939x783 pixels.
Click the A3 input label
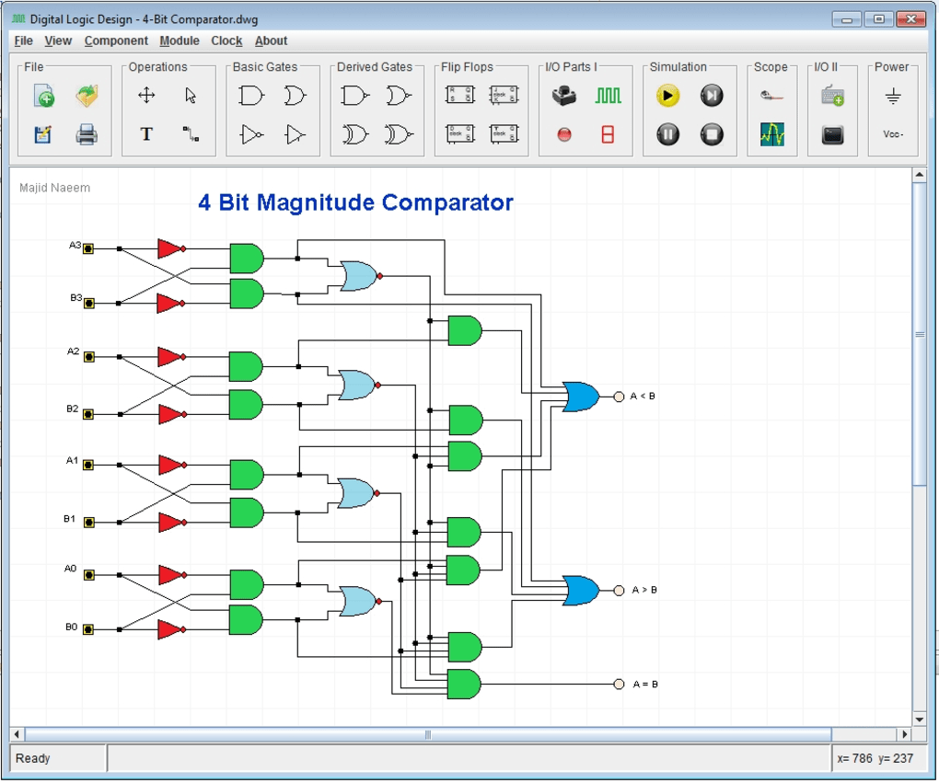point(75,246)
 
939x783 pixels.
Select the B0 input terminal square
point(89,629)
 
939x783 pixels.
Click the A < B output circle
point(619,397)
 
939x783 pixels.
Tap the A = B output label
point(645,685)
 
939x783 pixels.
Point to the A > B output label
point(644,590)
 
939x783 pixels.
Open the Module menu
point(180,40)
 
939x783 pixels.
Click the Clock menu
point(226,40)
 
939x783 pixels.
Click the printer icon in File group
point(87,134)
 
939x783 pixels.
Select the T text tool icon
point(146,134)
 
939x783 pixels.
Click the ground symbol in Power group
point(892,96)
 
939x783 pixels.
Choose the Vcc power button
point(892,134)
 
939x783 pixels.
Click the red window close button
point(910,18)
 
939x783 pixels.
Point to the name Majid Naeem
point(54,188)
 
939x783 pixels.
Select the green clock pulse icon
point(608,95)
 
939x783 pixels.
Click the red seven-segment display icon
point(608,134)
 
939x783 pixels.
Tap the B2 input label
point(74,409)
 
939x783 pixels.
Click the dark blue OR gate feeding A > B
point(581,590)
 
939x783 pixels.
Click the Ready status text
point(33,758)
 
